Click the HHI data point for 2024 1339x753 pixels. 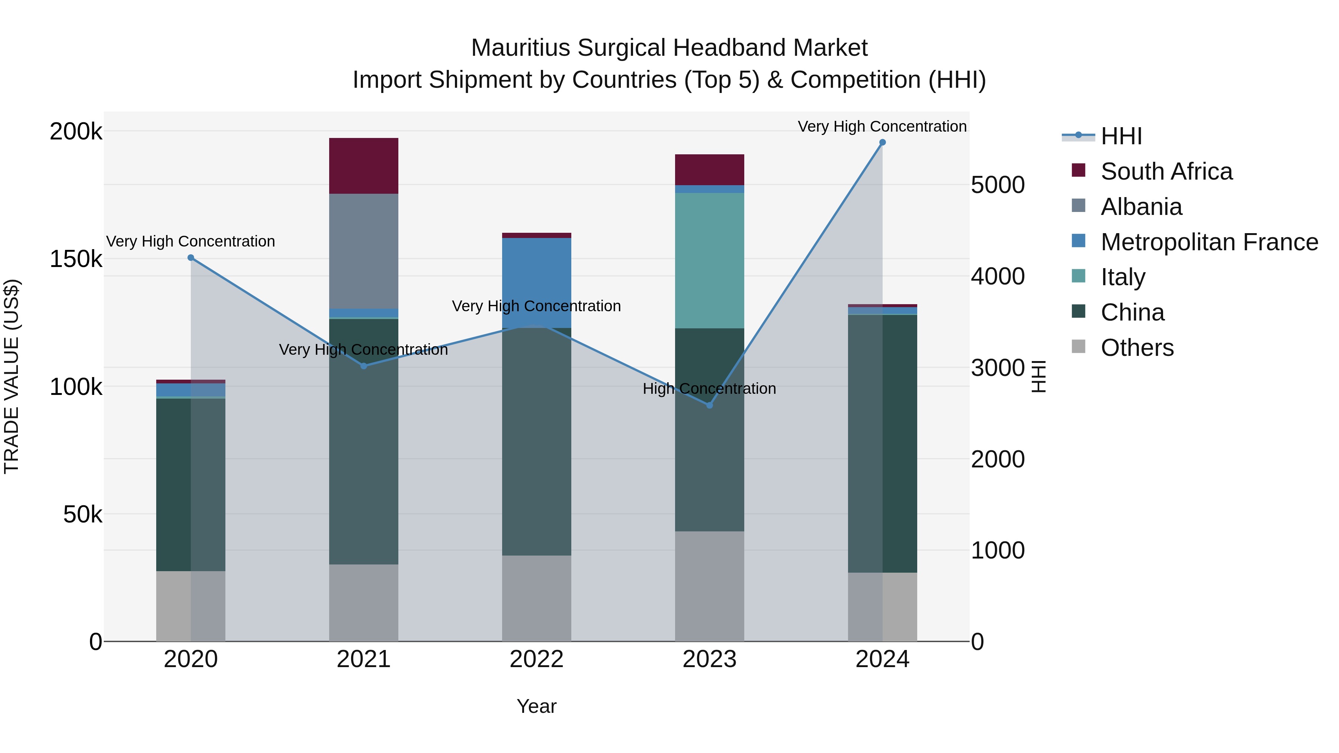click(x=882, y=142)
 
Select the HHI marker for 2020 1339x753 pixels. click(x=191, y=258)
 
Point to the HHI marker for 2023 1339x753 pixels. click(x=710, y=405)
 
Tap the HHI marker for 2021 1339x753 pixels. click(x=364, y=366)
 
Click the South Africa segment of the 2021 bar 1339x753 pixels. click(x=364, y=166)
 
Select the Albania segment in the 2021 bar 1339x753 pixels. click(x=364, y=251)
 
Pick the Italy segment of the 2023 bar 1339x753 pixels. click(x=710, y=260)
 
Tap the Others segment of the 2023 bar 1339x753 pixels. click(x=710, y=586)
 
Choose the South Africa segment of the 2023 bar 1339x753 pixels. click(x=710, y=170)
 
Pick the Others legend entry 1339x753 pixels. click(x=1137, y=348)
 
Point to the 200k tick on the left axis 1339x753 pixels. click(x=76, y=132)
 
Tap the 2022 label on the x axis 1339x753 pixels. click(x=536, y=659)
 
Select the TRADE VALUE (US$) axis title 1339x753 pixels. click(x=12, y=376)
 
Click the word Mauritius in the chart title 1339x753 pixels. click(x=520, y=48)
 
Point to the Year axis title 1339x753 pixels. click(x=536, y=706)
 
